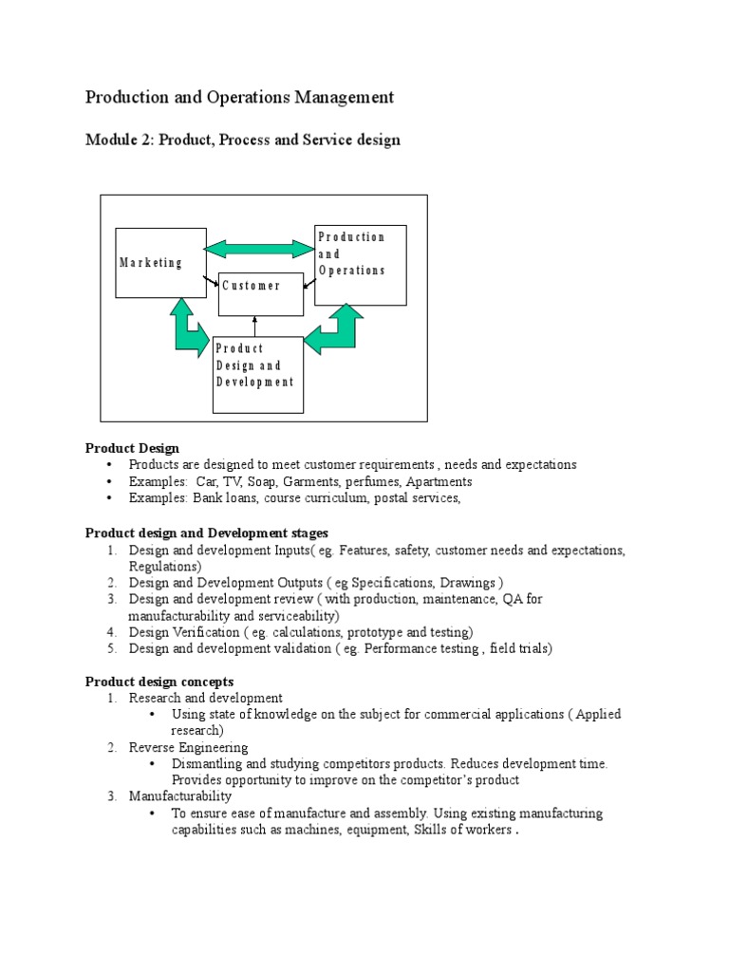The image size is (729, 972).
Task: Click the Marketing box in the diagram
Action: click(160, 263)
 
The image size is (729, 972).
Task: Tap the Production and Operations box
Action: click(360, 265)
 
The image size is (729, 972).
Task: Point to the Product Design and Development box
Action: click(257, 375)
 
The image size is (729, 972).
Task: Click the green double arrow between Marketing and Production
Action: click(259, 249)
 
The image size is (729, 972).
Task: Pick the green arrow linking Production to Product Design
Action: click(335, 330)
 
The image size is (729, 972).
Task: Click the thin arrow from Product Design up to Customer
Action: click(255, 326)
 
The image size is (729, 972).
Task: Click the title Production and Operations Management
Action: click(239, 97)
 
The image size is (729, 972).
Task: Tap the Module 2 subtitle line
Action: click(242, 140)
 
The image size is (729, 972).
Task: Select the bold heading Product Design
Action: click(132, 448)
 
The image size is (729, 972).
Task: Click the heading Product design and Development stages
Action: click(207, 533)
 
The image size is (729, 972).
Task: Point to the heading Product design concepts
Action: click(159, 682)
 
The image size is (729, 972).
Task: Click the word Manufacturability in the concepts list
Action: click(179, 796)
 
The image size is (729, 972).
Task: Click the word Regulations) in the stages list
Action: click(165, 567)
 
